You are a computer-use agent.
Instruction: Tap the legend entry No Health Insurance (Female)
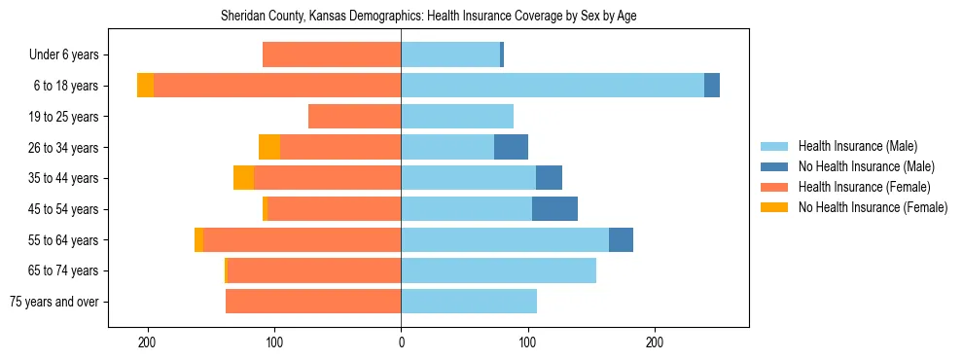pos(873,207)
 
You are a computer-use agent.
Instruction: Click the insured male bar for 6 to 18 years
pos(553,86)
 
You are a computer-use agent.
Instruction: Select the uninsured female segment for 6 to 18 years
pos(145,86)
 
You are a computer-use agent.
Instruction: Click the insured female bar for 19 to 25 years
pos(355,117)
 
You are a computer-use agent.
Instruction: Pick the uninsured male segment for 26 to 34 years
pos(511,147)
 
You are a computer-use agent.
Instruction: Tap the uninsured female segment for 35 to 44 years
pos(243,178)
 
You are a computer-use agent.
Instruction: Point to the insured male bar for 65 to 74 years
pos(498,270)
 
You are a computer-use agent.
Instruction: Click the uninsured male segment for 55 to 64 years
pos(621,239)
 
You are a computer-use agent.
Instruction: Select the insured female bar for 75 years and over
pos(313,302)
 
